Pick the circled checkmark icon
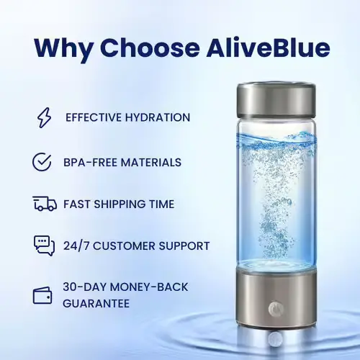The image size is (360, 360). [x=42, y=161]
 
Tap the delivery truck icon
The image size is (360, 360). [x=44, y=204]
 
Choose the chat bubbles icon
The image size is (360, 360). [x=44, y=246]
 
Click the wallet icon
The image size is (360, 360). [x=43, y=295]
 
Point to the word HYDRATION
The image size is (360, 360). [x=155, y=117]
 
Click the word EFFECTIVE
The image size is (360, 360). [x=91, y=117]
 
